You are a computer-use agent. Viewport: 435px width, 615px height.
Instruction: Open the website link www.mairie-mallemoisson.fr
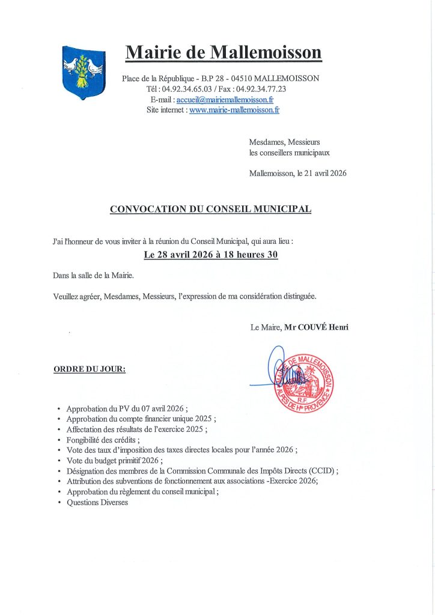[x=234, y=110]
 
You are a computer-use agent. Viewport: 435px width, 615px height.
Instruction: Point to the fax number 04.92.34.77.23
[x=261, y=89]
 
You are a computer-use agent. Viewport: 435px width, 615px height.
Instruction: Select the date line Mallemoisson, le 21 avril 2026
[x=297, y=173]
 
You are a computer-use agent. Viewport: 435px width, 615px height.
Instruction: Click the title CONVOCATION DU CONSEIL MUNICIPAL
[x=210, y=209]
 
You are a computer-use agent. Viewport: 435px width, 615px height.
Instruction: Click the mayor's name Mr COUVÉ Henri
[x=317, y=327]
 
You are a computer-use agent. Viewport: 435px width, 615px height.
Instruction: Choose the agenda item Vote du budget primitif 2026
[x=114, y=460]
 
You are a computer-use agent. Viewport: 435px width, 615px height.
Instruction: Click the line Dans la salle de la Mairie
[x=93, y=276]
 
